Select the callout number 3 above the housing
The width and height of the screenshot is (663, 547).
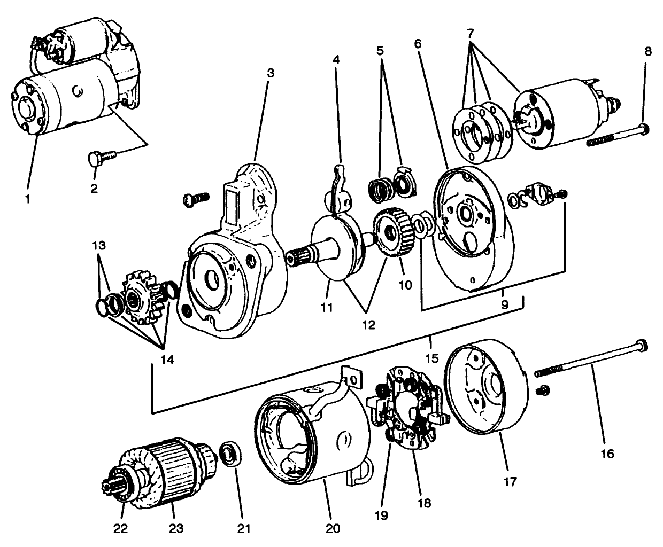click(271, 73)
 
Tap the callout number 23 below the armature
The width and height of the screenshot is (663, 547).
click(176, 528)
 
